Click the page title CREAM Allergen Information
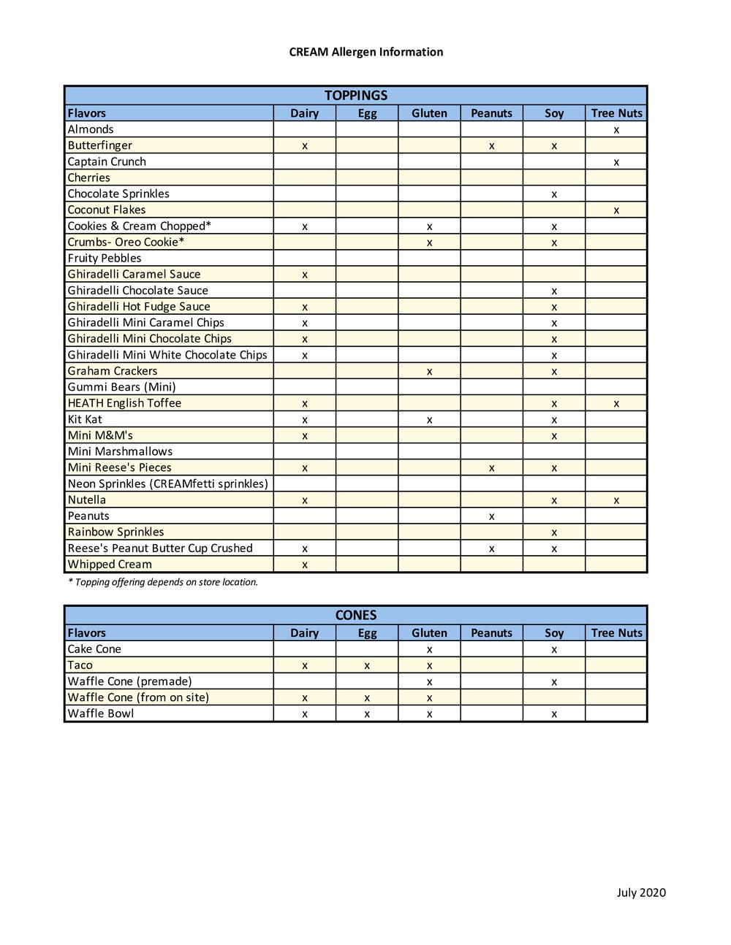coord(365,52)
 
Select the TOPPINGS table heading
coord(356,96)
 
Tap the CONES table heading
coord(356,615)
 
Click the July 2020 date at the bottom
coord(641,892)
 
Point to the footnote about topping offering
coord(163,582)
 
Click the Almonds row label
coord(91,129)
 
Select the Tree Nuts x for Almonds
coord(616,130)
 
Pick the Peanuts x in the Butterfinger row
coord(491,146)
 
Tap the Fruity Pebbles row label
coord(105,258)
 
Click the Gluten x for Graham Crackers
coord(429,372)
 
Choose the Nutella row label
coord(87,500)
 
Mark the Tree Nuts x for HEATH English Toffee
coord(616,404)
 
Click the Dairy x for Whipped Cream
coord(305,565)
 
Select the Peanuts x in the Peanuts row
coord(491,516)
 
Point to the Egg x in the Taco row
coord(367,665)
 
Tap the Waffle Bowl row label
coord(101,713)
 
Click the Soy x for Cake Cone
coord(554,649)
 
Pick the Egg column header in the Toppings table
coord(367,113)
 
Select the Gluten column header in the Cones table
coord(429,633)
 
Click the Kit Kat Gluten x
coord(429,420)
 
